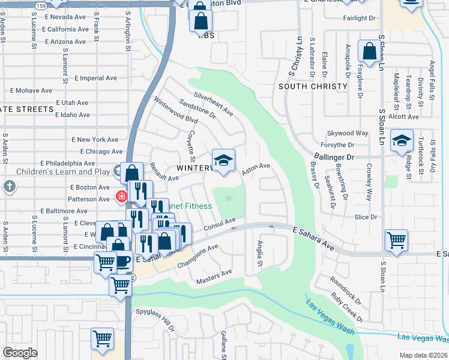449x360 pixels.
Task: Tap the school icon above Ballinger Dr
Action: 402,141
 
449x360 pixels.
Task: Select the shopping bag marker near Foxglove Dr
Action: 369,52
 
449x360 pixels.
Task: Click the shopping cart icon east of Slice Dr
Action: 397,241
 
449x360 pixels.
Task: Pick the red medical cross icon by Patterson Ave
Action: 121,196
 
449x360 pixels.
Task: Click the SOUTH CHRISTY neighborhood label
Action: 313,86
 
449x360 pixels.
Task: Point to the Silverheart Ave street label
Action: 213,103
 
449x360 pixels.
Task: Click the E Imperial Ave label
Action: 95,78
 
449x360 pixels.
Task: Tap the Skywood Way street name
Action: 347,133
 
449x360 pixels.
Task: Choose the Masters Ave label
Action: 214,277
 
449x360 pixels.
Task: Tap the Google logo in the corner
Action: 20,353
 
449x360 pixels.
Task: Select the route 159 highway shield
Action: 41,5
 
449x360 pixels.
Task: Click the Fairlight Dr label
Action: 359,18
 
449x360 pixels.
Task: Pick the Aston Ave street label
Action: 256,170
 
